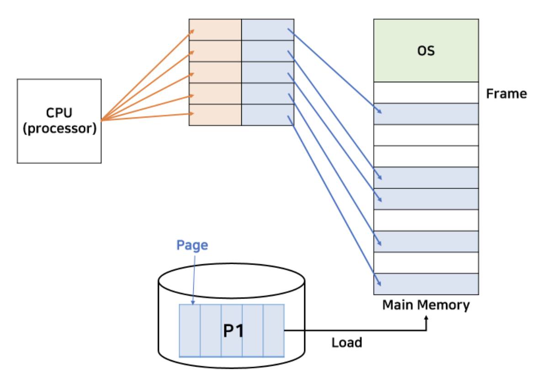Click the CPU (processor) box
[x=59, y=121]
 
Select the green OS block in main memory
[x=426, y=50]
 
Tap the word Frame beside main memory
[x=506, y=94]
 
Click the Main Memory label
[x=425, y=305]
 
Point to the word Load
[x=346, y=342]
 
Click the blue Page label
[x=192, y=245]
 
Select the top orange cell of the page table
[x=215, y=30]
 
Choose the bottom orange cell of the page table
[x=215, y=115]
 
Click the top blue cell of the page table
[x=267, y=30]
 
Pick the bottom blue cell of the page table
[x=267, y=115]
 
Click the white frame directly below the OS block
[x=426, y=93]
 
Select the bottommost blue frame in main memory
[x=426, y=284]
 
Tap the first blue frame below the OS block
[x=426, y=114]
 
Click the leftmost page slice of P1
[x=190, y=331]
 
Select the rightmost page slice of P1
[x=274, y=331]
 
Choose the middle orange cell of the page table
[x=215, y=72]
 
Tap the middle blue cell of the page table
[x=267, y=72]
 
